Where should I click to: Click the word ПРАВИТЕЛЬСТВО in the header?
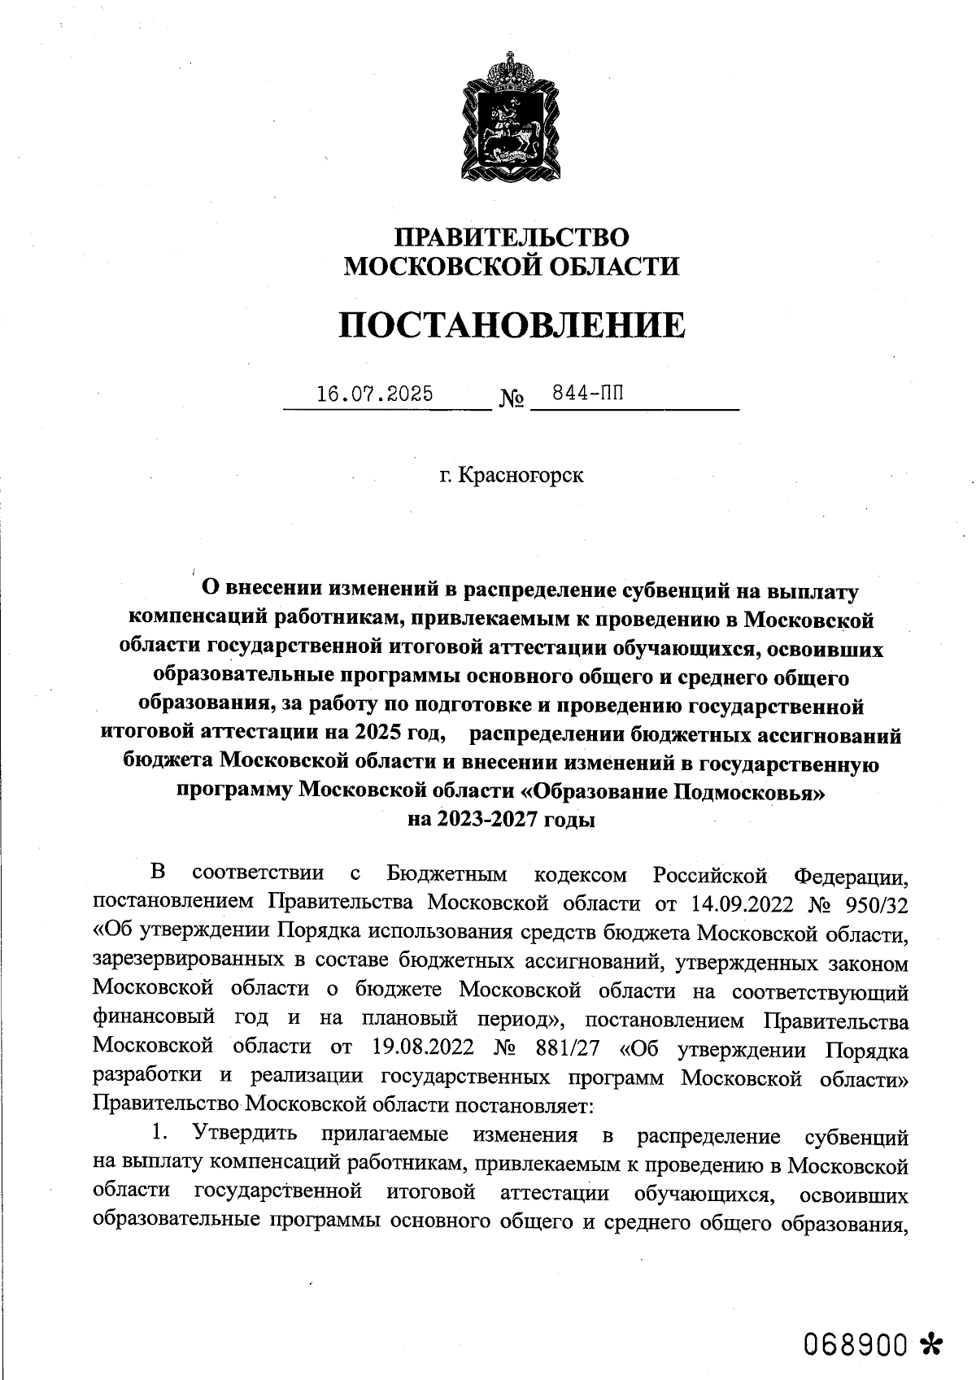(512, 237)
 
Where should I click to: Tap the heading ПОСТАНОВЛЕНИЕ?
(512, 325)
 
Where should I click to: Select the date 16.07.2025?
(375, 394)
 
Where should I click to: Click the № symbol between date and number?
(512, 399)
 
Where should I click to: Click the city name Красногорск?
(521, 474)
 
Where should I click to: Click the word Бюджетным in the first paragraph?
(447, 875)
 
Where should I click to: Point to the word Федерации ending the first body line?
(851, 876)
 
